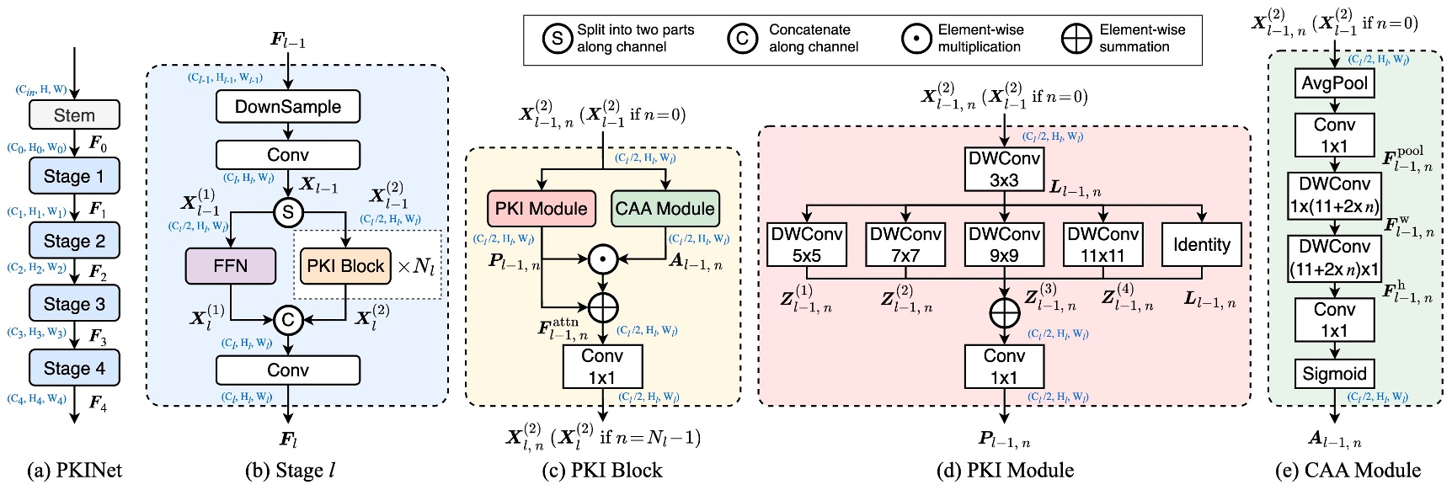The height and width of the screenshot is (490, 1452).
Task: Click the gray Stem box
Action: (x=74, y=115)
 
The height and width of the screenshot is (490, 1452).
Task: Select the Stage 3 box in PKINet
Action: (x=74, y=304)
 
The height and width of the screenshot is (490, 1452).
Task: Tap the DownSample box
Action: (x=288, y=107)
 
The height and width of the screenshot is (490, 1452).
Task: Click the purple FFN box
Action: (x=230, y=266)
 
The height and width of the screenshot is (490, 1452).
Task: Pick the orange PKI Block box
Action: (x=345, y=266)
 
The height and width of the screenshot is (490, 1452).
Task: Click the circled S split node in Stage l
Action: (x=288, y=212)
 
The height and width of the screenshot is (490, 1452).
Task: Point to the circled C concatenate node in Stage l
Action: (x=288, y=320)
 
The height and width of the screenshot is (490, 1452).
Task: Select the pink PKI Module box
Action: (x=541, y=209)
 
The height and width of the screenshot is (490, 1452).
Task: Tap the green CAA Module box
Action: (x=665, y=209)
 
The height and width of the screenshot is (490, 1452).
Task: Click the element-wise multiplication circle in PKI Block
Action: (x=603, y=259)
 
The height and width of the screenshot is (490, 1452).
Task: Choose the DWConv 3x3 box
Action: (x=1004, y=169)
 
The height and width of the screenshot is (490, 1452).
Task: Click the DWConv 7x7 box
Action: (x=905, y=244)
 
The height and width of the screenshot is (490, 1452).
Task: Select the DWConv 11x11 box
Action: (x=1102, y=244)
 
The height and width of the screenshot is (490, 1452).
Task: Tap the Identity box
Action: (x=1201, y=244)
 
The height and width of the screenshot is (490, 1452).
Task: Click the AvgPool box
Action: (x=1334, y=83)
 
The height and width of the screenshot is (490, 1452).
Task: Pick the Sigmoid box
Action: (x=1334, y=374)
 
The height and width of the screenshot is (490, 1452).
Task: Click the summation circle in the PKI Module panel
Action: (x=1004, y=312)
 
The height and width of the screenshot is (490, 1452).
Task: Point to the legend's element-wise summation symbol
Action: (x=1076, y=38)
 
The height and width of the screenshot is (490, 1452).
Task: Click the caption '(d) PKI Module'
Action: (x=1005, y=470)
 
